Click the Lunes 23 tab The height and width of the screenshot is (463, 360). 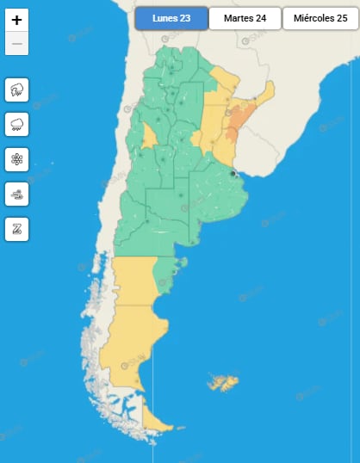click(x=171, y=18)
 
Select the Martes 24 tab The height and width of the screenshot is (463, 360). click(x=245, y=18)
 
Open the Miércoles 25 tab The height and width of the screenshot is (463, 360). click(x=320, y=18)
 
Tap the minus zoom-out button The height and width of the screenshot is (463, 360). click(x=17, y=44)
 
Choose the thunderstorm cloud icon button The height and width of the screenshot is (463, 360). click(x=17, y=89)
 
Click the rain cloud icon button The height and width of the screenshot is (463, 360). click(x=17, y=124)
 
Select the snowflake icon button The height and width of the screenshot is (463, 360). click(x=17, y=159)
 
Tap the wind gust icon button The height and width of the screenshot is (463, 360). click(x=17, y=194)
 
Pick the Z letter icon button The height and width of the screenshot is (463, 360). click(x=17, y=229)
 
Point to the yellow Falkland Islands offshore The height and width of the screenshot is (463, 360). click(x=227, y=380)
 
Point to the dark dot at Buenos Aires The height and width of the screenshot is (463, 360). click(x=233, y=174)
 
